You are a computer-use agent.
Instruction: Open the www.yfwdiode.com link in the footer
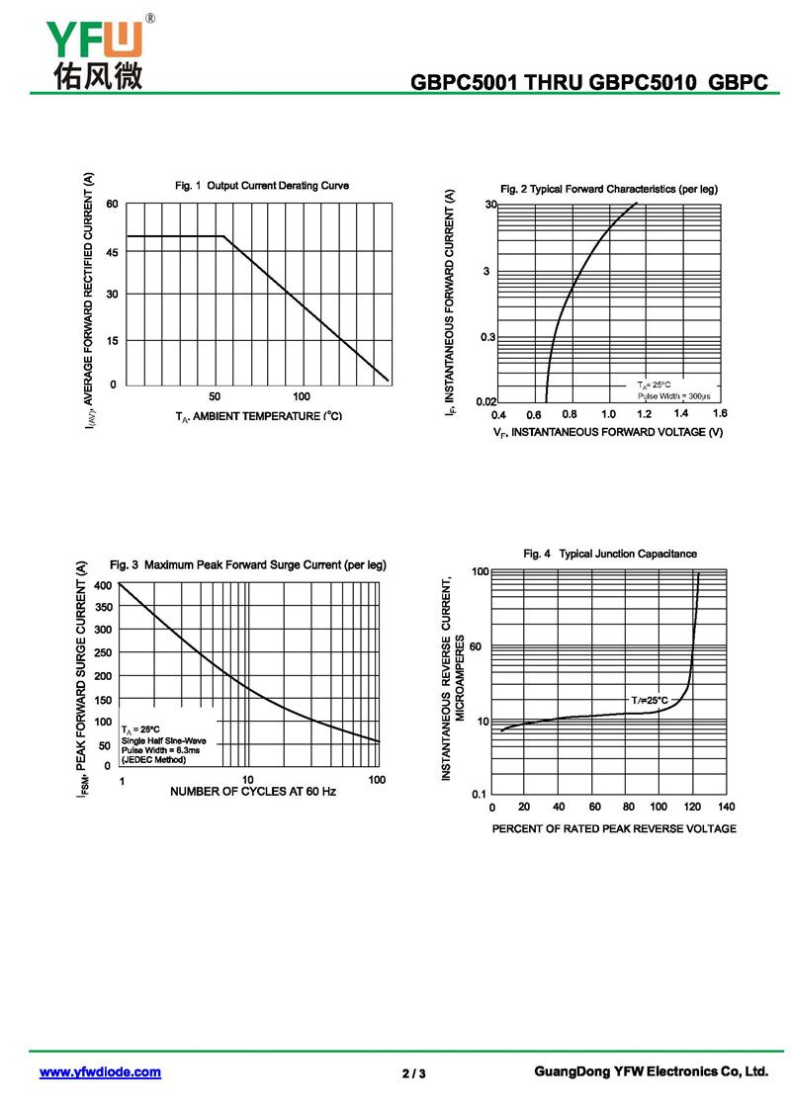point(100,1072)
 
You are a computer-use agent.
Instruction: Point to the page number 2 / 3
point(414,1073)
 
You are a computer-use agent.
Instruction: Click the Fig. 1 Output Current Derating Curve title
point(262,186)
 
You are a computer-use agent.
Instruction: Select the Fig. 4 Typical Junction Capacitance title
point(610,554)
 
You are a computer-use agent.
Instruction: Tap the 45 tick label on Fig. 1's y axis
point(112,252)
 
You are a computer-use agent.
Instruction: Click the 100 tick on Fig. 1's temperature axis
point(302,395)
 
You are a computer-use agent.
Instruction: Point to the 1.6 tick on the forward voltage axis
point(719,413)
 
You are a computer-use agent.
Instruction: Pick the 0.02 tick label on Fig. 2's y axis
point(485,401)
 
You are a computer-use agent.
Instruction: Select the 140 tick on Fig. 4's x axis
point(727,808)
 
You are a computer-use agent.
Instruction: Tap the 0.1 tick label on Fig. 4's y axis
point(479,794)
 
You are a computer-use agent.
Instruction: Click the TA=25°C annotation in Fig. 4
point(650,700)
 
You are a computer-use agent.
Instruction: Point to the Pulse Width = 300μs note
point(673,395)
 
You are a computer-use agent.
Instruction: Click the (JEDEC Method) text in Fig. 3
point(153,759)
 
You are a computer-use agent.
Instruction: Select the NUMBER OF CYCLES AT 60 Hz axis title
point(253,792)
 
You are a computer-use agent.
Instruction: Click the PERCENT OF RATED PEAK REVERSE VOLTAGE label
point(614,828)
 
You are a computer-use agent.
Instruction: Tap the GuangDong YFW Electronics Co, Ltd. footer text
point(651,1071)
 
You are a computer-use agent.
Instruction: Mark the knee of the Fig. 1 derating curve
point(224,236)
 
